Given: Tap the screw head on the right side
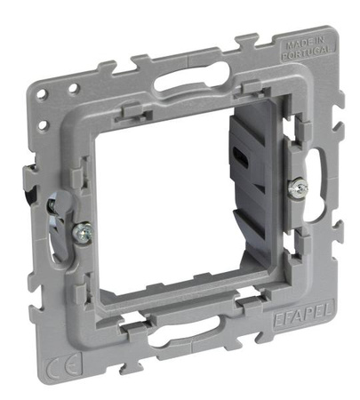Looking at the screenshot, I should coord(300,188).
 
